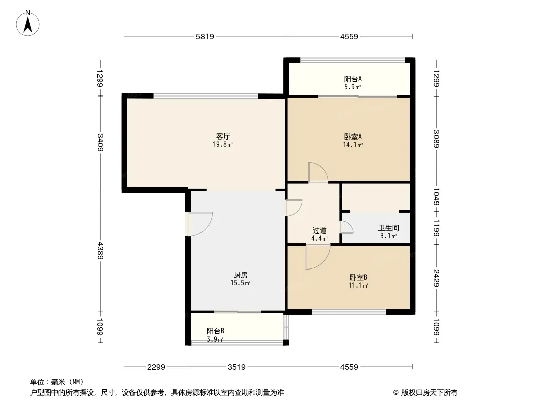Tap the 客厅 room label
tap(223, 137)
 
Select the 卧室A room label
tap(353, 137)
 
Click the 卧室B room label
tap(358, 277)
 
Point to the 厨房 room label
tap(241, 275)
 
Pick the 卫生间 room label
tap(388, 228)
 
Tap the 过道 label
tap(320, 231)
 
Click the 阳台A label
tap(353, 79)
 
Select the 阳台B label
tap(215, 331)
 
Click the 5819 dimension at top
tap(205, 36)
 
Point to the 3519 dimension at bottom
tap(236, 367)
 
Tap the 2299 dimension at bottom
tap(156, 367)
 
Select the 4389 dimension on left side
tap(101, 250)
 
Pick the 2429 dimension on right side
tap(436, 278)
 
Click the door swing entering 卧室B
tap(317, 256)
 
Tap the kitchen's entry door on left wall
tap(199, 224)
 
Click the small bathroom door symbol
tap(347, 227)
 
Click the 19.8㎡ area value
tap(223, 145)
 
